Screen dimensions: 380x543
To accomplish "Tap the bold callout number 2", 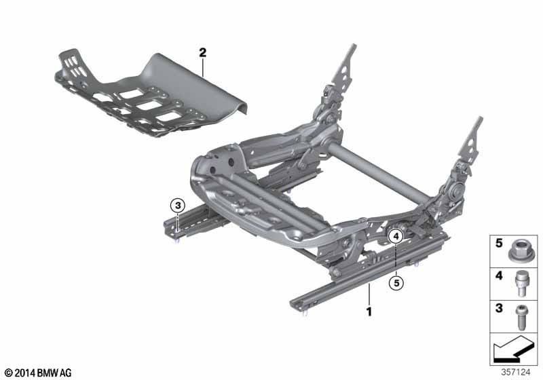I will pyautogui.click(x=202, y=52).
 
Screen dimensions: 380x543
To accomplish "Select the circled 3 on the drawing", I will pyautogui.click(x=177, y=206).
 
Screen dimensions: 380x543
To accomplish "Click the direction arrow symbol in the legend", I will pyautogui.click(x=514, y=351).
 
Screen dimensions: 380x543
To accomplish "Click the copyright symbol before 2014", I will pyautogui.click(x=7, y=373).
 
